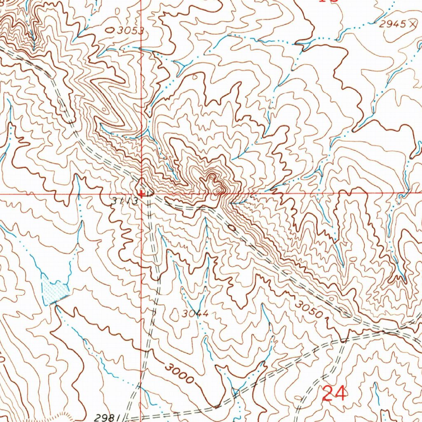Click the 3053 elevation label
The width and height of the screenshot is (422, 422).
coord(130,30)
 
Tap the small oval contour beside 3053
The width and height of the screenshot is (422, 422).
coord(110,30)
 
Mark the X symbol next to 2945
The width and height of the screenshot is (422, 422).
coord(413,24)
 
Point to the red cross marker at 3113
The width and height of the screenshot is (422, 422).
coord(141,193)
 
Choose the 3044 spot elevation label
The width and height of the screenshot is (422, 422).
coord(195,314)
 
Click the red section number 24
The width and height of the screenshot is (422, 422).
coord(334,393)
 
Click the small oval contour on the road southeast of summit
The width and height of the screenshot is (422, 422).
coord(232,227)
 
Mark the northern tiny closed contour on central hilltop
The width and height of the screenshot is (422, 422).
coord(211,178)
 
